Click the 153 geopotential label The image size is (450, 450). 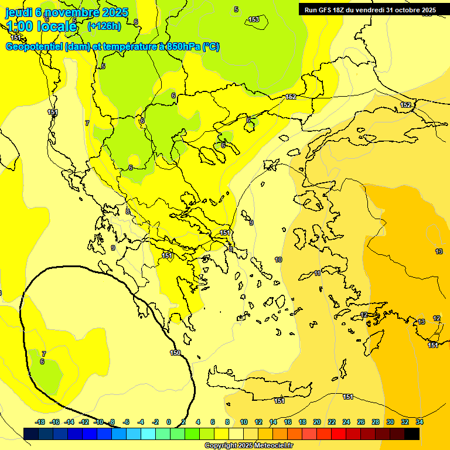pyautogui.click(x=253, y=19)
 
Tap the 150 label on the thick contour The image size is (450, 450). pyautogui.click(x=175, y=353)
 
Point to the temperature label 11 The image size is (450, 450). pyautogui.click(x=317, y=273)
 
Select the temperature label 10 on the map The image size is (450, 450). pyautogui.click(x=278, y=260)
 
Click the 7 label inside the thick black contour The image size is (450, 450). pyautogui.click(x=44, y=354)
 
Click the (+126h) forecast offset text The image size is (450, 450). pyautogui.click(x=104, y=26)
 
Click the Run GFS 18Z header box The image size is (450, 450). pyautogui.click(x=370, y=9)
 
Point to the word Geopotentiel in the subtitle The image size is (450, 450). pyautogui.click(x=33, y=47)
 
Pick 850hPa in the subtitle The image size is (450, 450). pyautogui.click(x=178, y=47)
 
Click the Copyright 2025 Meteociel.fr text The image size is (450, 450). pyautogui.click(x=248, y=446)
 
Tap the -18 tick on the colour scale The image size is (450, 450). pyautogui.click(x=40, y=422)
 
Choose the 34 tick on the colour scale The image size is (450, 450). pyautogui.click(x=420, y=422)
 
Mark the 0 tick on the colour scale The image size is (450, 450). pyautogui.click(x=169, y=422)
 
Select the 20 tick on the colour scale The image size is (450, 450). pyautogui.click(x=317, y=422)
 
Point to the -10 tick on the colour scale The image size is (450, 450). pyautogui.click(x=98, y=422)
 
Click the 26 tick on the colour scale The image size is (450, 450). pyautogui.click(x=361, y=422)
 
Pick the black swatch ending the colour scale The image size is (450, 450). pyautogui.click(x=412, y=434)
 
